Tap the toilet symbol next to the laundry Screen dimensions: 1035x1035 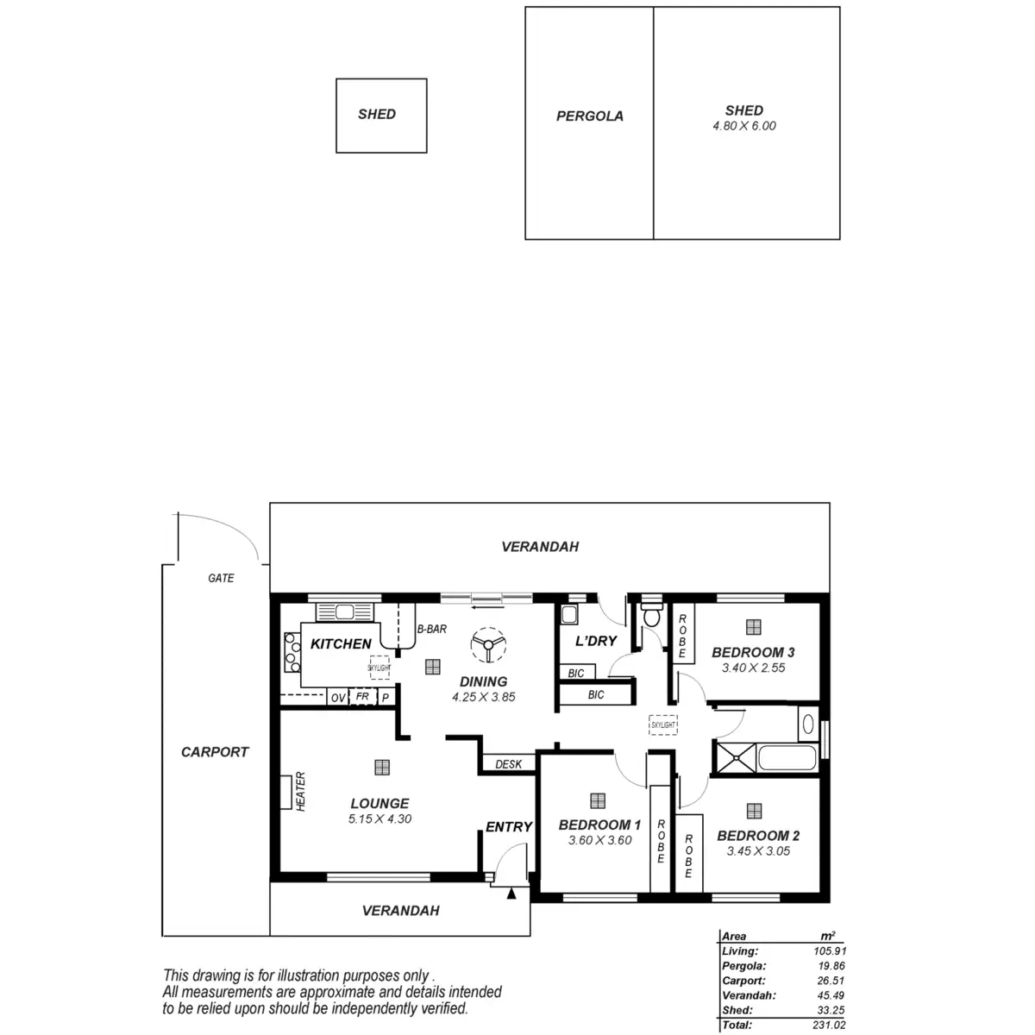(651, 615)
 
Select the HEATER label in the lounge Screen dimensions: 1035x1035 (301, 791)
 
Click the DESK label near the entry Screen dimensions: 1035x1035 (508, 764)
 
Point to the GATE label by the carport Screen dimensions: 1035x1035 (221, 578)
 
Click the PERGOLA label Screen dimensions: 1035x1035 (589, 116)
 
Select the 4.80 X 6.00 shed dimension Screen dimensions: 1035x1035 (743, 126)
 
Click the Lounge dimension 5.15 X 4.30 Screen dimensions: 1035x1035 (379, 819)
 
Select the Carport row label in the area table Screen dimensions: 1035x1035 (743, 981)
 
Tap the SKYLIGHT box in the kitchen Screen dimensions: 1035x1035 (379, 668)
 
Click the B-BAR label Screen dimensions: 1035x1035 (431, 630)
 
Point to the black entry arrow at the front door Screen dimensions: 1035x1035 (511, 894)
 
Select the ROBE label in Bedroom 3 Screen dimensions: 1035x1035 (682, 637)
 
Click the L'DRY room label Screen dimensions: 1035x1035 (596, 641)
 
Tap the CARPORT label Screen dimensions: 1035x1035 (215, 752)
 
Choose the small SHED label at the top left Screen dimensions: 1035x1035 (377, 114)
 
